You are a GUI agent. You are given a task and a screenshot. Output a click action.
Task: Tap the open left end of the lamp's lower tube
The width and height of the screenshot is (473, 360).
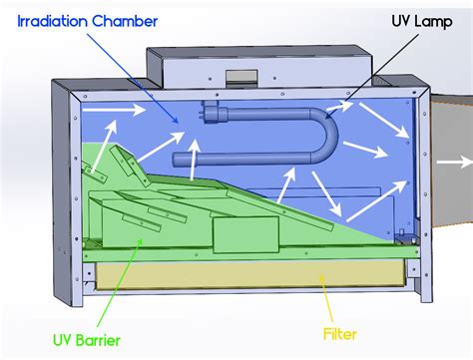tap(177, 158)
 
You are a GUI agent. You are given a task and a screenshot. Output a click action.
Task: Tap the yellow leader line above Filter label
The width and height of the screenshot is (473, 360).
tap(324, 297)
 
